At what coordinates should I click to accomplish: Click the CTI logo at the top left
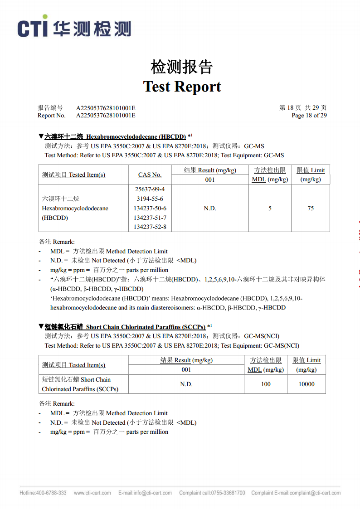tap(74, 28)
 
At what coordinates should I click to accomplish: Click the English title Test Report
tap(182, 86)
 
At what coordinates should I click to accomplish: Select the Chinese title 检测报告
tap(182, 67)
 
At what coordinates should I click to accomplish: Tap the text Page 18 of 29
tap(309, 115)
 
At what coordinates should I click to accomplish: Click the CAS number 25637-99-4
tap(150, 189)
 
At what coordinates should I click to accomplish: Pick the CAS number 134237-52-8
tap(150, 227)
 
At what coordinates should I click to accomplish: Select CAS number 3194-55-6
tap(150, 199)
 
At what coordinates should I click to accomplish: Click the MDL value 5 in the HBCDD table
tap(270, 208)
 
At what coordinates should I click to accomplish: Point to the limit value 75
tap(311, 208)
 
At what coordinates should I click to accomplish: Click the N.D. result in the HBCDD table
tap(210, 208)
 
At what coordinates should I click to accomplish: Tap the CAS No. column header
tap(150, 175)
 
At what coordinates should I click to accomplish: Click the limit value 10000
tap(306, 384)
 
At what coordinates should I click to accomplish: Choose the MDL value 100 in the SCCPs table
tap(266, 384)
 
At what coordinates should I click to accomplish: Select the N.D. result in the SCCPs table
tap(186, 384)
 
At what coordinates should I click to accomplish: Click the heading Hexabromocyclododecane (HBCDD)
tap(136, 136)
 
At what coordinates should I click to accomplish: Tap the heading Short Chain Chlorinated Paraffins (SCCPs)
tap(146, 327)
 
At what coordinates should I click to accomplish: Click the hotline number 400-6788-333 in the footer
tap(51, 493)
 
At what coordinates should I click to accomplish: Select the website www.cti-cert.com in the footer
tap(92, 493)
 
